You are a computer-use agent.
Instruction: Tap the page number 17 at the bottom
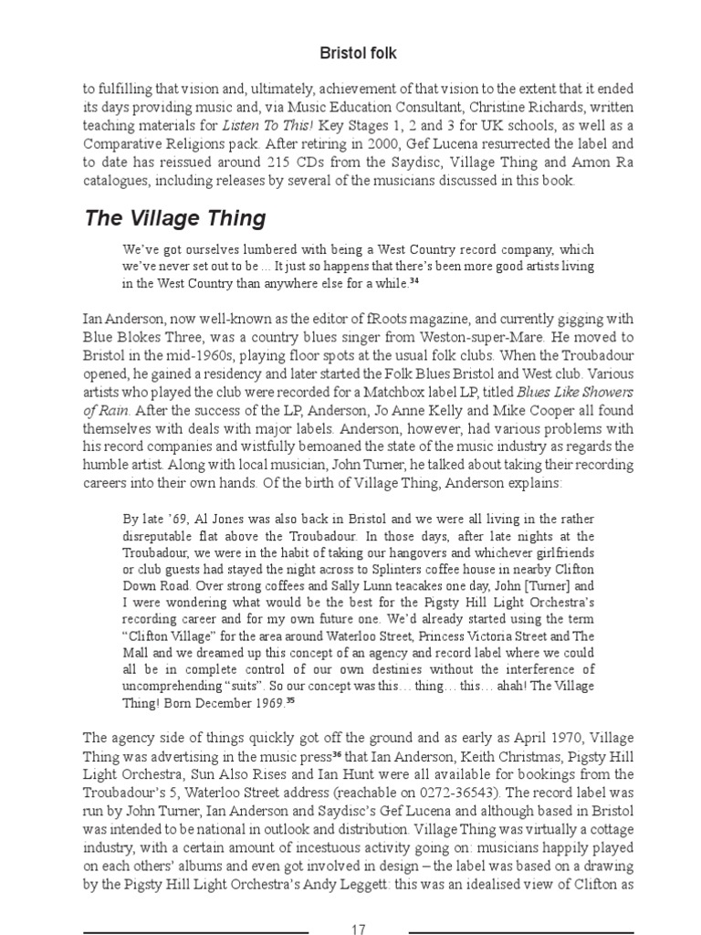pos(358,930)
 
